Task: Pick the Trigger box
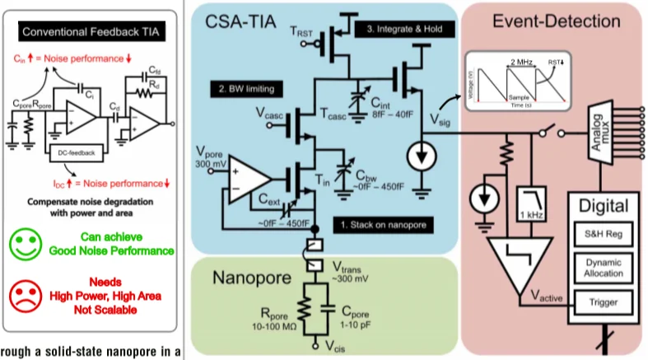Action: click(x=604, y=301)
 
